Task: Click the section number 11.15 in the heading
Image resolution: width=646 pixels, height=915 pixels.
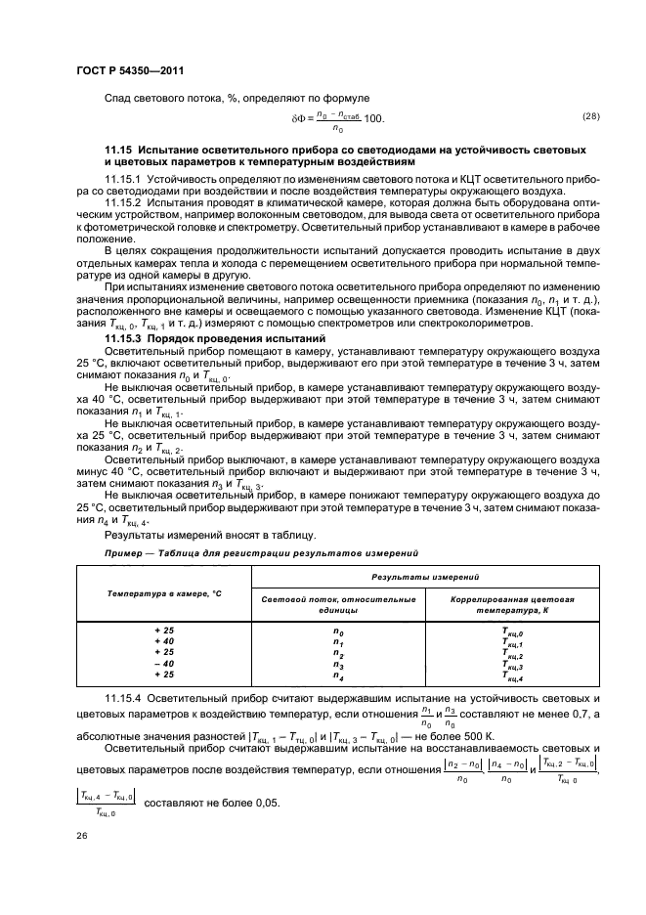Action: tap(120, 149)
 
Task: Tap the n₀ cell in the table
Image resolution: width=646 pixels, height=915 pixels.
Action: tap(338, 632)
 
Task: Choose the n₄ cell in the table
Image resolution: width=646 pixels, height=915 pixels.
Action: tap(338, 675)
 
